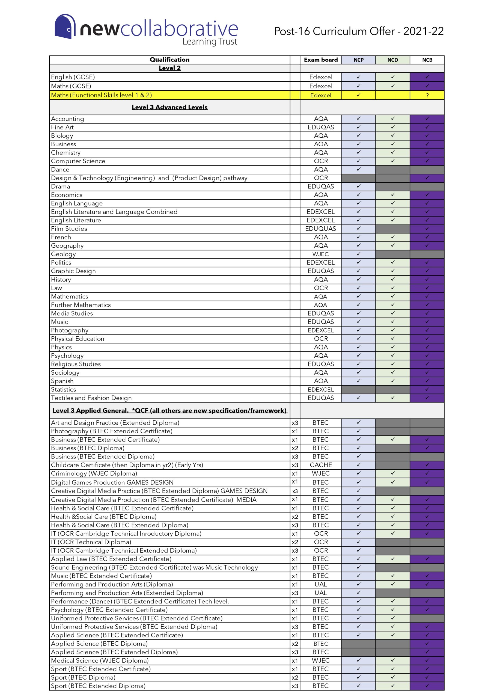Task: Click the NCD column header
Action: [x=392, y=60]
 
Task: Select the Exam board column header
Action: [x=320, y=60]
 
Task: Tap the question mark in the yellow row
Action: [x=427, y=95]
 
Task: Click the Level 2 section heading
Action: [x=169, y=68]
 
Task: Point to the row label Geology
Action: [x=63, y=254]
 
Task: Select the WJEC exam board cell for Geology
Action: [x=320, y=254]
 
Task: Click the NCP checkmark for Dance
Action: [x=358, y=169]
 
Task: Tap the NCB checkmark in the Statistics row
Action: [x=427, y=389]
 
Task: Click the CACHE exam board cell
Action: [x=320, y=465]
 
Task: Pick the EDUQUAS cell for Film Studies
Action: [x=320, y=229]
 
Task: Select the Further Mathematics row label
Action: [x=81, y=305]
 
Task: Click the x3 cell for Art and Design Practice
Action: [x=295, y=423]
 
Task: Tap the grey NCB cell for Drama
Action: [x=427, y=186]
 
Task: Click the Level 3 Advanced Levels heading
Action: [x=169, y=107]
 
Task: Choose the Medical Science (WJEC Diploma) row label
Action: [x=100, y=660]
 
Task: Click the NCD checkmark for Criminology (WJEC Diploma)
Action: [x=392, y=473]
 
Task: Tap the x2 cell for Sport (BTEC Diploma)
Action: [x=295, y=677]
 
